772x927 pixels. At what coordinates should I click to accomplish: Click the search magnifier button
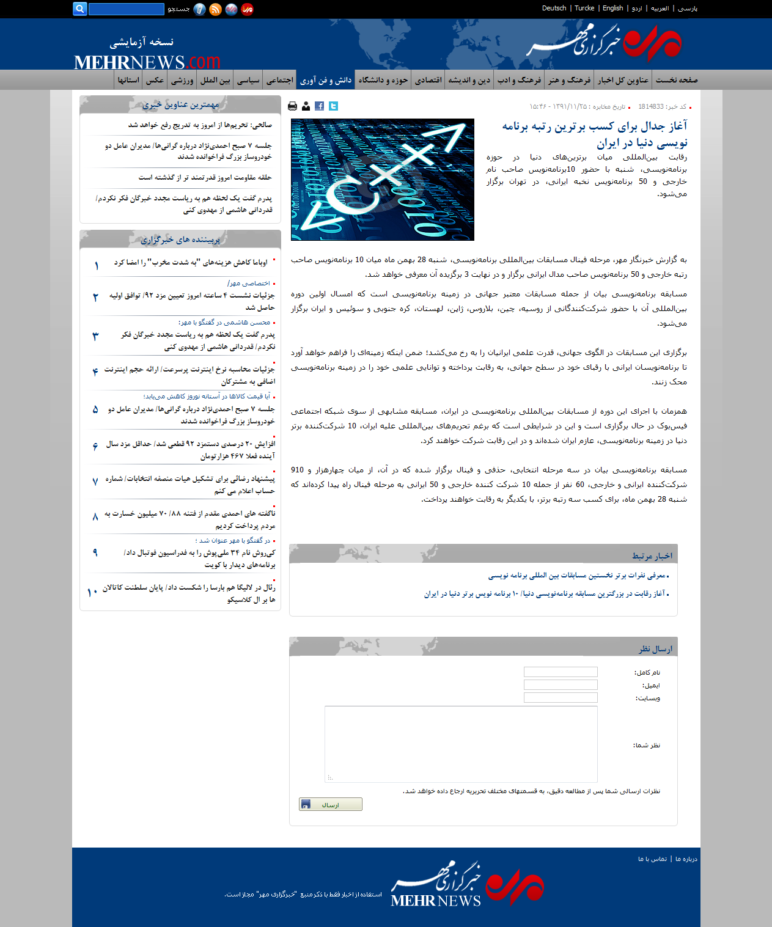[79, 9]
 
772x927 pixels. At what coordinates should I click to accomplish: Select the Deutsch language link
[554, 8]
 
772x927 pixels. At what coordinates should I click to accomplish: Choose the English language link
[612, 8]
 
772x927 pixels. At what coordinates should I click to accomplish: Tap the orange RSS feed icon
[215, 9]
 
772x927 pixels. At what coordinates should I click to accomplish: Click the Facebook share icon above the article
[319, 106]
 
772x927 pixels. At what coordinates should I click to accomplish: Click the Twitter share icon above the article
[333, 106]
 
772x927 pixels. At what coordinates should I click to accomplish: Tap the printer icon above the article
[292, 106]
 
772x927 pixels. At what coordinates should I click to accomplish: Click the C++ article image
[383, 180]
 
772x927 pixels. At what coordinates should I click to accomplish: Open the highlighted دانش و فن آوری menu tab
[326, 80]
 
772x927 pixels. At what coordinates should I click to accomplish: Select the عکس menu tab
[155, 80]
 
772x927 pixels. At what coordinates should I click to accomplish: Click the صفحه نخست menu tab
[677, 80]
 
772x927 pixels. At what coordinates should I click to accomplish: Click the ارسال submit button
[330, 804]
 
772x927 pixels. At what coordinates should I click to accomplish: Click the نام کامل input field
[561, 672]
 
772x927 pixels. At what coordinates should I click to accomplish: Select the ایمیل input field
[561, 685]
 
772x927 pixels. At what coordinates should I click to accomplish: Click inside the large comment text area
[461, 744]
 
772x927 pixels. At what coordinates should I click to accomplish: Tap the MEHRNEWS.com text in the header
[147, 62]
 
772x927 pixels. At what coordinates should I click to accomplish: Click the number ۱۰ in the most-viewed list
[92, 592]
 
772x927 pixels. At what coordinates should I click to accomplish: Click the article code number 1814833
[651, 106]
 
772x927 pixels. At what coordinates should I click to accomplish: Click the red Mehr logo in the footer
[515, 888]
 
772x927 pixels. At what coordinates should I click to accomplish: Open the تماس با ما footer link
[652, 859]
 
